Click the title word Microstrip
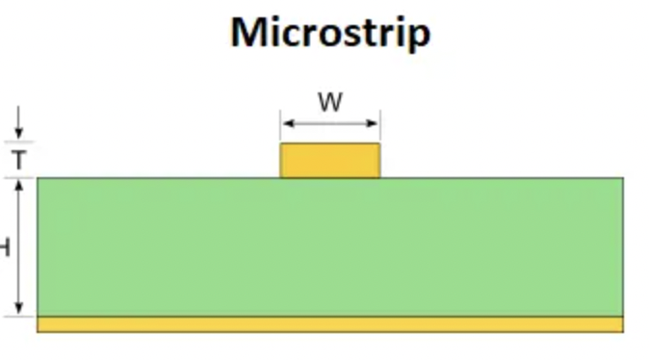330,33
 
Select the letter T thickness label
18,160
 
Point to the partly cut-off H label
5,247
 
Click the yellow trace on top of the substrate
330,161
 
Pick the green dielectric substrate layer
330,246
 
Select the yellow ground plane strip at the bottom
330,324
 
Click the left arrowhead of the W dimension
286,123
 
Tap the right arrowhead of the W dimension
375,123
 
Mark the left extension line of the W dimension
280,126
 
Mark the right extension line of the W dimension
380,126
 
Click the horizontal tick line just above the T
19,141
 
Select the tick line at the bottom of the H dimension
19,316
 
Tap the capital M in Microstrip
250,33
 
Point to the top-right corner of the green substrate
623,178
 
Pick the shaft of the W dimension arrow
330,123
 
